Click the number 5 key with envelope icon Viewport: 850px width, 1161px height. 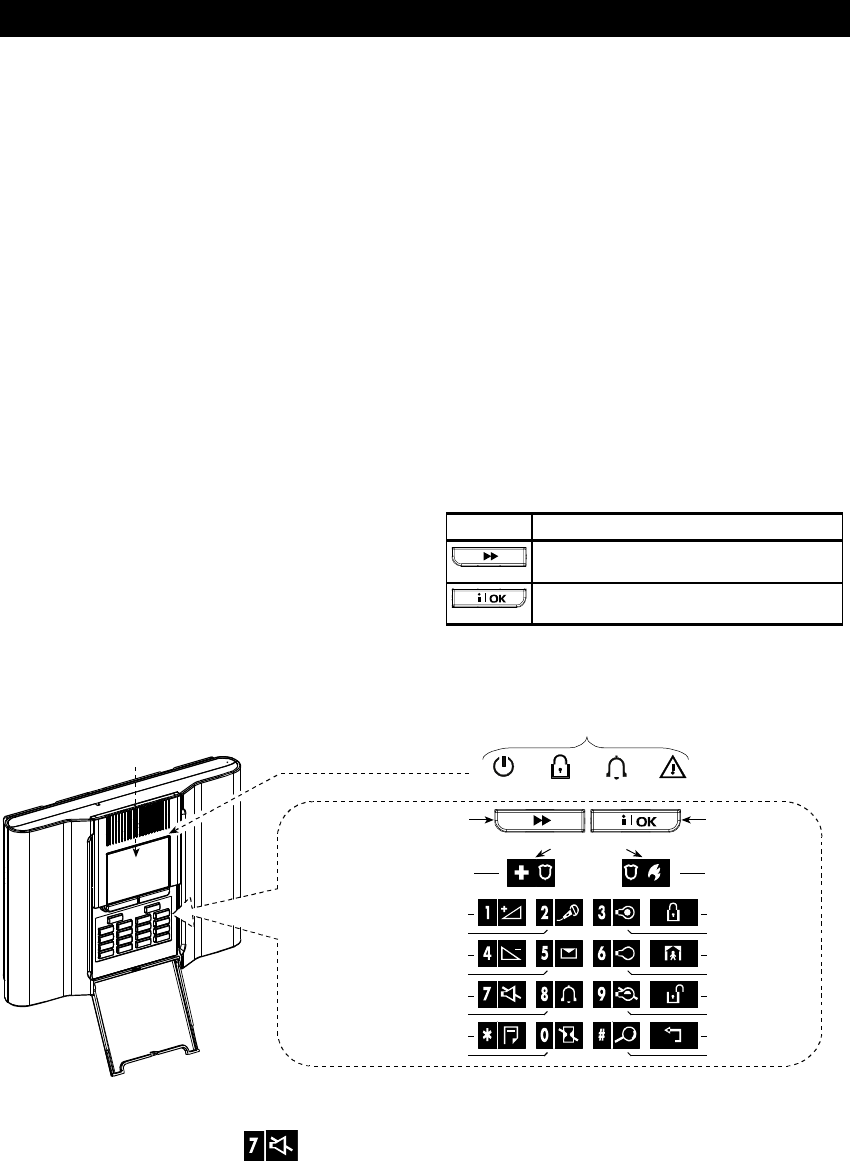tap(556, 952)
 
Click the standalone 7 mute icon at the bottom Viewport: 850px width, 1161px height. tap(272, 1139)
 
